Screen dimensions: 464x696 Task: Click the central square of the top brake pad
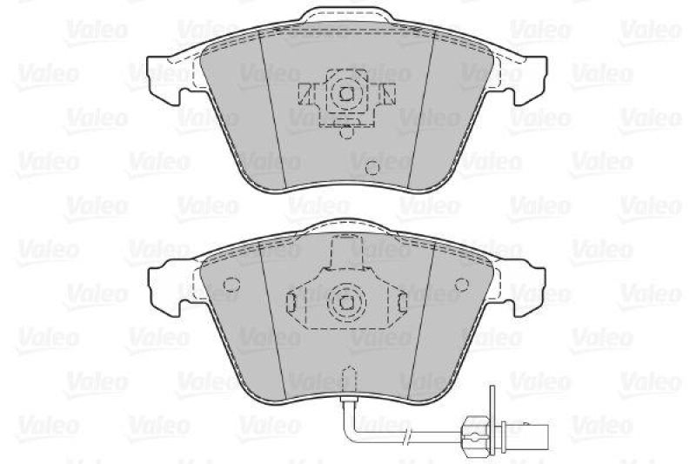click(x=345, y=92)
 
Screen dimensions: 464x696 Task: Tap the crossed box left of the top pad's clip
click(x=305, y=92)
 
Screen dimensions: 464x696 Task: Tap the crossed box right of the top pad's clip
click(x=388, y=92)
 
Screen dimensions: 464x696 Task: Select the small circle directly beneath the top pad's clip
click(x=346, y=132)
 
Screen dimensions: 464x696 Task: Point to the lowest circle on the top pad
click(x=371, y=169)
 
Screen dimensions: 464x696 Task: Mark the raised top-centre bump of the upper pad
click(x=346, y=19)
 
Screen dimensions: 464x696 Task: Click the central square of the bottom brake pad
click(x=345, y=302)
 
